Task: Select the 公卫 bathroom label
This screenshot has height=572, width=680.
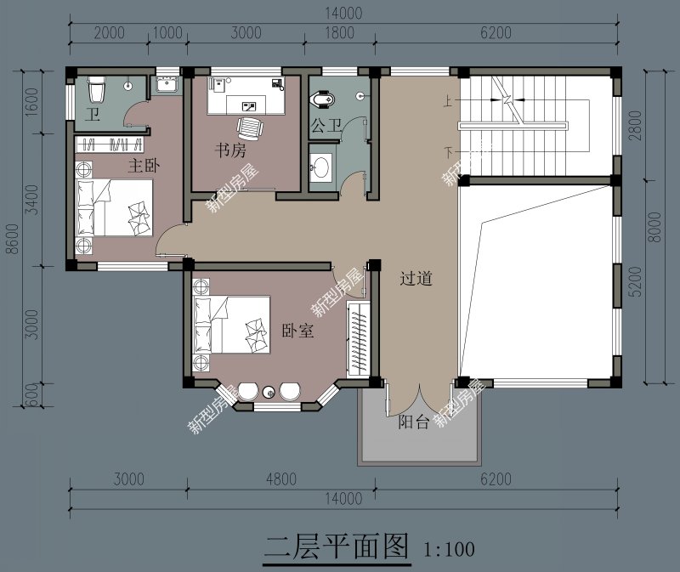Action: pyautogui.click(x=326, y=127)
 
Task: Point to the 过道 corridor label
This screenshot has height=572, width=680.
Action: pyautogui.click(x=416, y=278)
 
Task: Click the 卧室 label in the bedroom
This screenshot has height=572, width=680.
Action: pyautogui.click(x=297, y=331)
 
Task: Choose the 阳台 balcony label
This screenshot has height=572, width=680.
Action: pyautogui.click(x=414, y=422)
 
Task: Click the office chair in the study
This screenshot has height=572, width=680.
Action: pyautogui.click(x=248, y=128)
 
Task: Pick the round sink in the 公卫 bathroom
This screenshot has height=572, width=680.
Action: pyautogui.click(x=321, y=167)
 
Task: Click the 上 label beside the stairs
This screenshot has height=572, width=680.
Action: pyautogui.click(x=447, y=102)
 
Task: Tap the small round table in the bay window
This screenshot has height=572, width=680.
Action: pyautogui.click(x=269, y=392)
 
